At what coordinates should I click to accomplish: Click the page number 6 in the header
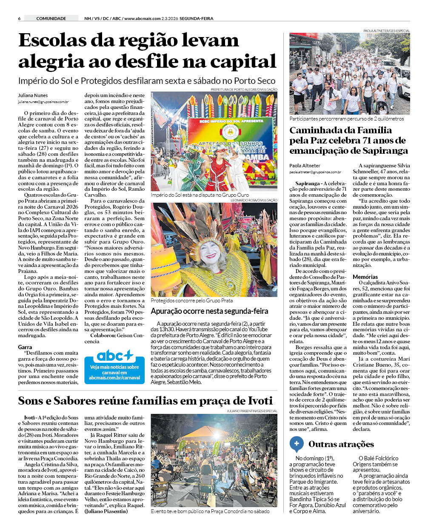click(20, 18)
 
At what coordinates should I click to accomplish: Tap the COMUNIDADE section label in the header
click(51, 18)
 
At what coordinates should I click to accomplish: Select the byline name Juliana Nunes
click(33, 95)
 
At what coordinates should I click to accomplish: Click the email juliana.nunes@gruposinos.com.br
click(43, 102)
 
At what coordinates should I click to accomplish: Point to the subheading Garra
click(25, 347)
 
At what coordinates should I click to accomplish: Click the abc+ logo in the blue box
click(115, 356)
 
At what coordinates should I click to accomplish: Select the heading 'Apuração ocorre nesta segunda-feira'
click(209, 311)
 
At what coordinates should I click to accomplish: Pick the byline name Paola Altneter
click(305, 166)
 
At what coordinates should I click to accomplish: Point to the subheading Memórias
click(365, 277)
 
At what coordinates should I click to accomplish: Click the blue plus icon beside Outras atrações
click(297, 444)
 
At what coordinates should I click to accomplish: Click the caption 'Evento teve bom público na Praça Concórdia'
click(210, 511)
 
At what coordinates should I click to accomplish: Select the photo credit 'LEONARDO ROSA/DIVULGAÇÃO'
click(254, 200)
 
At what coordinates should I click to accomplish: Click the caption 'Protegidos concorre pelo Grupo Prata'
click(191, 300)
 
